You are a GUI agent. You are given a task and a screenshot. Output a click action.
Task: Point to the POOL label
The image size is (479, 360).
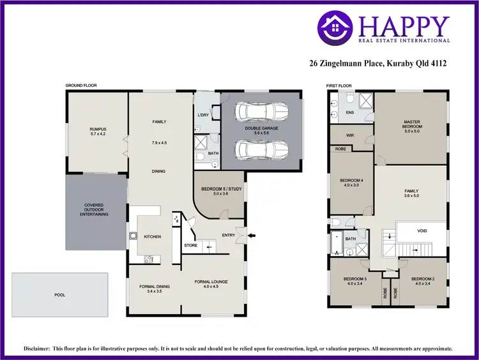click(60, 295)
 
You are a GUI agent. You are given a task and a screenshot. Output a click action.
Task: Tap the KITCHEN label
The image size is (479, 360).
click(152, 237)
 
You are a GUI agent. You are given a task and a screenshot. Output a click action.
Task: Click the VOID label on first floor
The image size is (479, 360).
click(422, 231)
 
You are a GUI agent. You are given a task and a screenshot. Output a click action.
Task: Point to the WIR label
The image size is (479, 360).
click(350, 135)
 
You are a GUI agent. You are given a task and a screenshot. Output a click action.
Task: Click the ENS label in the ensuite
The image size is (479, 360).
click(349, 112)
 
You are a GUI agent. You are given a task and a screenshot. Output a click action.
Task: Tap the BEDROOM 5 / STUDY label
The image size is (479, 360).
click(218, 190)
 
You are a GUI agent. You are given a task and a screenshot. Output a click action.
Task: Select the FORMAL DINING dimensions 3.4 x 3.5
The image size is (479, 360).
click(154, 292)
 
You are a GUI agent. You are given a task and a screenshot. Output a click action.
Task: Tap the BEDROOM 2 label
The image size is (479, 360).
click(423, 280)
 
